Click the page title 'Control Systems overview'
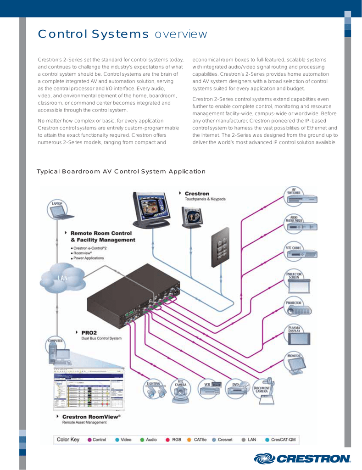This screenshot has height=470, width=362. pos(123,34)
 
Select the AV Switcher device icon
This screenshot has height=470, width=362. pos(301,197)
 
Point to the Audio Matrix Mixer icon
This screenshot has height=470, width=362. pos(301,224)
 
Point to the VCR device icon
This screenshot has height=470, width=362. pos(211,388)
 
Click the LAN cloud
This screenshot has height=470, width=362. pos(63,279)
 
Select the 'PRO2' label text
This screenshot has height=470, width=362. pos(89,332)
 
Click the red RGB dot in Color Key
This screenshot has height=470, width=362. pos(168,440)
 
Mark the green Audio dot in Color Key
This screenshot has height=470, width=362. pos(142,440)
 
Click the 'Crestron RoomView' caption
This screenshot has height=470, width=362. pos(91,416)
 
